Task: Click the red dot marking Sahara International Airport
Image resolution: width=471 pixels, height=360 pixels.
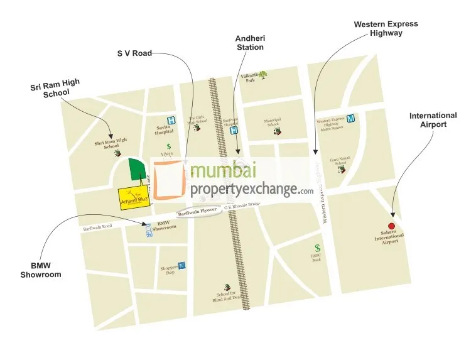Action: [x=391, y=226]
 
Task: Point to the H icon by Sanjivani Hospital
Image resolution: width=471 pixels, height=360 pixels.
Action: [x=234, y=131]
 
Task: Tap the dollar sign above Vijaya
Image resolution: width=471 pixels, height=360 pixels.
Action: [x=168, y=146]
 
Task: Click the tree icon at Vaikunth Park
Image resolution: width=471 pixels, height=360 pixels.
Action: [x=263, y=74]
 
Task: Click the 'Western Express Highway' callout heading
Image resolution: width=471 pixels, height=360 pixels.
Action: [x=385, y=29]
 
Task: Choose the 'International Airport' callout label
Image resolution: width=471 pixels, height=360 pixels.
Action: [x=433, y=120]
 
